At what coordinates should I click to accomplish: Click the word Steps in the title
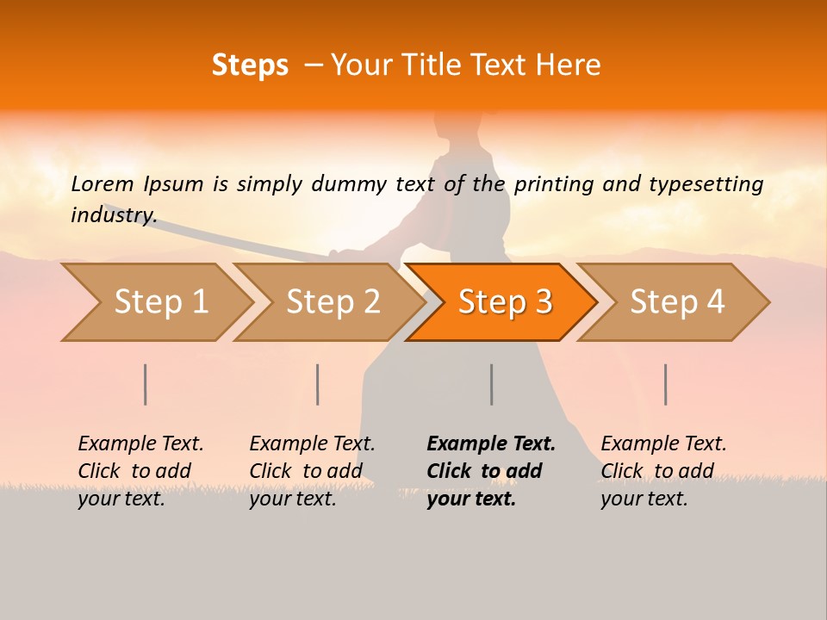pos(250,65)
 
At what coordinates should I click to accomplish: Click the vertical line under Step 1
pos(146,384)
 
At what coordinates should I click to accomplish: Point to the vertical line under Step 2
pos(318,384)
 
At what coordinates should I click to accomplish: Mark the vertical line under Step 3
pos(492,384)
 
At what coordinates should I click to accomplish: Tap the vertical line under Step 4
pos(666,384)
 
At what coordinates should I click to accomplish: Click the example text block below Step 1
pos(140,471)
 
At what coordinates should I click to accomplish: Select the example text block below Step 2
pos(312,471)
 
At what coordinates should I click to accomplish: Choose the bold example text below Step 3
pos(491,471)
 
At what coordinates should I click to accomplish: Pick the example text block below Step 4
pos(663,471)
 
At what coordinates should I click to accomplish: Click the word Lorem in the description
pos(103,183)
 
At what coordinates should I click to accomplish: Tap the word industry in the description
pos(114,214)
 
